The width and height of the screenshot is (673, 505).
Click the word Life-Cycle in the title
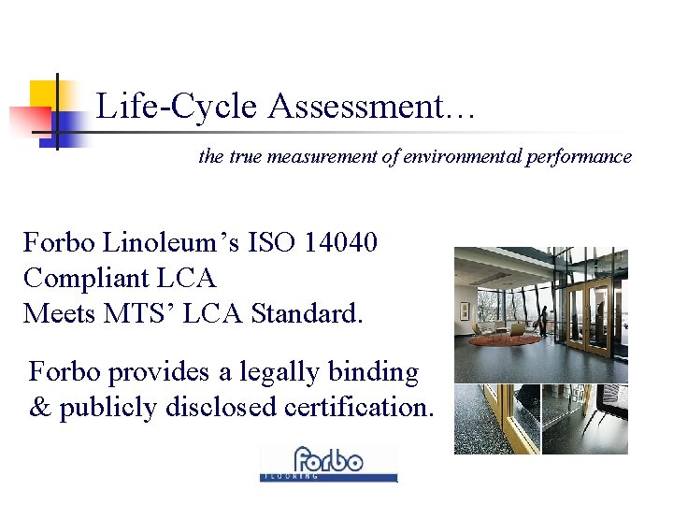(177, 107)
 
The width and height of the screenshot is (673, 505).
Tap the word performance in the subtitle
(578, 157)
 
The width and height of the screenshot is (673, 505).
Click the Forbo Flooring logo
(328, 463)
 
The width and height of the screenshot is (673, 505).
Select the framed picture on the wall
(463, 310)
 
